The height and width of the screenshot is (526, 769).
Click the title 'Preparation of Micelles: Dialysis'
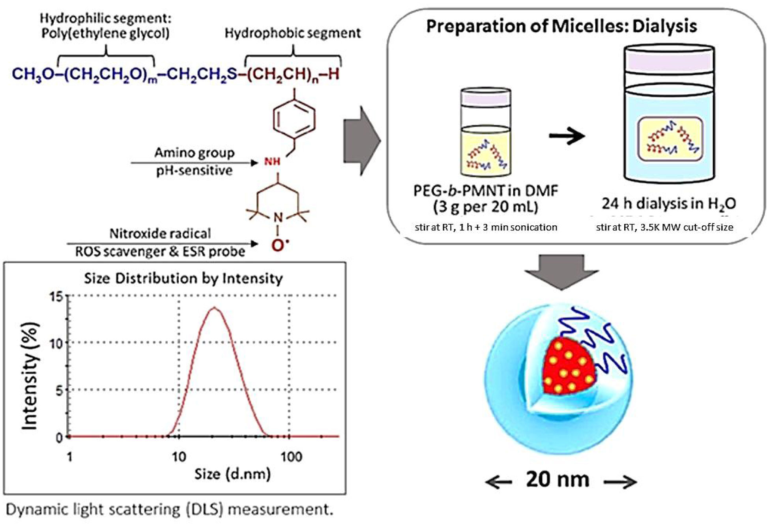[x=561, y=26]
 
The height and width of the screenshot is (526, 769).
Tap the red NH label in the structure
[x=272, y=161]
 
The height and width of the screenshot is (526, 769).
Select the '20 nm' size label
[x=558, y=479]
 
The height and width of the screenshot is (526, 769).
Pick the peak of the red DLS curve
[x=214, y=308]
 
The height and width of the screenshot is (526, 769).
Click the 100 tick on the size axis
[x=291, y=457]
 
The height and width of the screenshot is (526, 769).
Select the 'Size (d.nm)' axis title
[x=232, y=474]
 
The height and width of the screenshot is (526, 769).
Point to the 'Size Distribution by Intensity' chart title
[x=183, y=278]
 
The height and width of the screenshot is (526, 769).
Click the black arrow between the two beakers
[x=567, y=136]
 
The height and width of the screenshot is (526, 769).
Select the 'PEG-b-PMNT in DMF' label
[x=486, y=191]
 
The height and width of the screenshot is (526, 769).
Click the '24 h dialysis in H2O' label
[x=668, y=204]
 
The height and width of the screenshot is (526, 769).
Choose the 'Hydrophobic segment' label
[x=292, y=33]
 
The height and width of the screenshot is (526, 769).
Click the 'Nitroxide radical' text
[x=160, y=234]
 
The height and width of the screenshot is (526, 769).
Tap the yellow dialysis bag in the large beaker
[x=670, y=139]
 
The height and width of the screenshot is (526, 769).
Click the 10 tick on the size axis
[x=179, y=457]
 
